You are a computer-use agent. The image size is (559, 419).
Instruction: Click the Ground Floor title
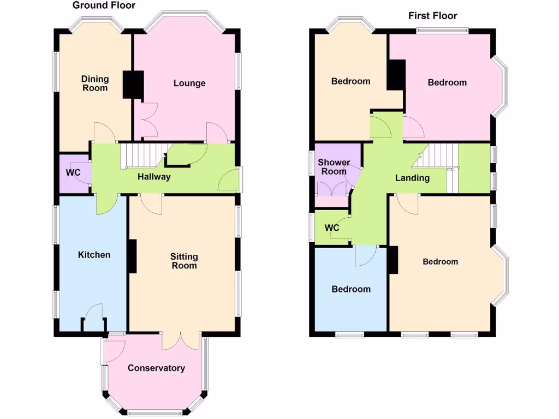(x=104, y=5)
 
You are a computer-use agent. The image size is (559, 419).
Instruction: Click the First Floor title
(x=432, y=16)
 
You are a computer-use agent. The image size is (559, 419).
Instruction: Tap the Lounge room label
(x=189, y=83)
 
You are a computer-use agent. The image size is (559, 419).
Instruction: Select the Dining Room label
(x=95, y=83)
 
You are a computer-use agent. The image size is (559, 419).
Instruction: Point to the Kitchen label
(x=94, y=255)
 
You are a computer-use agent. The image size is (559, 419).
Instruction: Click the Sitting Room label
(x=184, y=261)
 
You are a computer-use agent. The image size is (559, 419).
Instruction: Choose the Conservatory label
(x=156, y=368)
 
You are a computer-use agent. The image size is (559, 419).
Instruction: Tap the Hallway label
(x=154, y=177)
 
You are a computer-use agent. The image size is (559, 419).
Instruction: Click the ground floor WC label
(x=73, y=173)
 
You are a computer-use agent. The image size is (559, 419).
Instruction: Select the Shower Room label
(x=334, y=167)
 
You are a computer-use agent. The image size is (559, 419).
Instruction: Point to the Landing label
(x=412, y=178)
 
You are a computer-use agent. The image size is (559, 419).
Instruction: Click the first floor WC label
(x=332, y=228)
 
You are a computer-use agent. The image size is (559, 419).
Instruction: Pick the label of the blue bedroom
(x=351, y=289)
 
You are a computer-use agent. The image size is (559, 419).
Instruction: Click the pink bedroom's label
(x=447, y=82)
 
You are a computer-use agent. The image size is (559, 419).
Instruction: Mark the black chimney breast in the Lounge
(x=132, y=85)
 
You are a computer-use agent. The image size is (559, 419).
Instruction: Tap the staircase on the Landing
(x=437, y=156)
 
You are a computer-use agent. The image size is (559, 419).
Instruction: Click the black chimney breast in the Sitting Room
(x=132, y=256)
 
